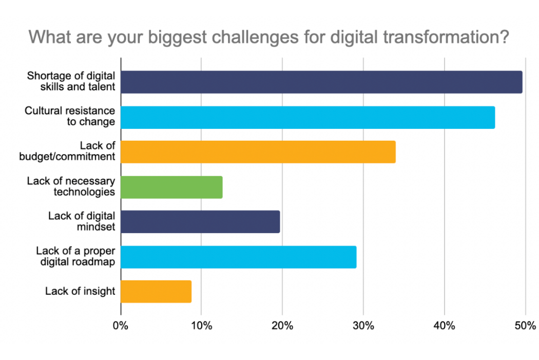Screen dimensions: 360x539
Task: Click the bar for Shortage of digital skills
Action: pos(321,82)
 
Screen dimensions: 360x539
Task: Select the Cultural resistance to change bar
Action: pos(307,117)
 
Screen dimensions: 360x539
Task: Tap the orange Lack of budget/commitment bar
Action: pos(258,152)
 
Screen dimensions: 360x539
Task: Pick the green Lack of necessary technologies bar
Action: pos(171,187)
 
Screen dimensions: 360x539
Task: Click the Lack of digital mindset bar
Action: pos(200,222)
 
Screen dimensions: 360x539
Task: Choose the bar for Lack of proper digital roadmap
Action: pos(239,257)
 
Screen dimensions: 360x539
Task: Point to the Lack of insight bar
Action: pos(156,292)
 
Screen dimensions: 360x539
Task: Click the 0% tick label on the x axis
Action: pos(121,326)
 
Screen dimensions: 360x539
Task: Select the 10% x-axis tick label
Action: pos(201,326)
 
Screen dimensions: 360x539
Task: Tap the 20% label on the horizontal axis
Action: pos(282,326)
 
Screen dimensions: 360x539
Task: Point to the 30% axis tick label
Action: pos(363,326)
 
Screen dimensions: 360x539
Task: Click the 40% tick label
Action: pos(444,326)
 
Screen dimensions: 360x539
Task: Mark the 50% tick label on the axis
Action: pos(525,326)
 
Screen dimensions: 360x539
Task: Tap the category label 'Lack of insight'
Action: pos(80,292)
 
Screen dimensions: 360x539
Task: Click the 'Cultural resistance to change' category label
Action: pos(70,117)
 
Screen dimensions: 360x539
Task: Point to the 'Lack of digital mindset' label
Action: pos(81,221)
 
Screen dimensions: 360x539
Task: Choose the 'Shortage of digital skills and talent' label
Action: pos(71,82)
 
